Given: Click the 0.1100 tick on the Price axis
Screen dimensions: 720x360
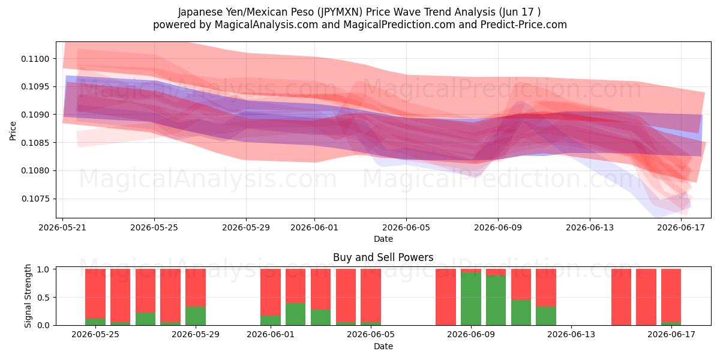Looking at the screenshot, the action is coord(35,59).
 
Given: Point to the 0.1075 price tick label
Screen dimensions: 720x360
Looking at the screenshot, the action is coord(35,199).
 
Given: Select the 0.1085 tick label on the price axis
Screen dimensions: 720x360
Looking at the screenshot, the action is coord(35,143).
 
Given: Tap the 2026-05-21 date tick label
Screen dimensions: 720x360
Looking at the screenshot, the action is coord(62,227).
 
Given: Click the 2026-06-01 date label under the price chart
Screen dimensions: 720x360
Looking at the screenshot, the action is coord(314,227).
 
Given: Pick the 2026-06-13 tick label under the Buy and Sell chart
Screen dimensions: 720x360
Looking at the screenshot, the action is coord(571,335).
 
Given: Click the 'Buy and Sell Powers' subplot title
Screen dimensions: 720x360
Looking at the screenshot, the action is coord(383,257).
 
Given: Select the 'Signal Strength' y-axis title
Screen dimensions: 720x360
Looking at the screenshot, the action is coord(28,296).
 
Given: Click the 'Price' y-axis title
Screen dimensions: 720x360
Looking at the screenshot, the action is coord(13,131).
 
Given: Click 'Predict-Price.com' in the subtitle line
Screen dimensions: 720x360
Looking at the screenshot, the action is coord(524,25).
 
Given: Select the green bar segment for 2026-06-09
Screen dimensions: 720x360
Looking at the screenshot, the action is coord(471,299).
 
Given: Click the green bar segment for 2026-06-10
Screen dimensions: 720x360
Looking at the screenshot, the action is coord(496,300).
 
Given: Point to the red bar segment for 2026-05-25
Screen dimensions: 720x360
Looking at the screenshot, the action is coord(95,294).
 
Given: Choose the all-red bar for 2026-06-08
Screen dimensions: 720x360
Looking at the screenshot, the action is coord(446,297).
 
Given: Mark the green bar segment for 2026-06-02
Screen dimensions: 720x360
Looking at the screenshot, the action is coord(295,314).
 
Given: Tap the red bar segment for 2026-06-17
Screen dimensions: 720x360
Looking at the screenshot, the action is coord(671,296).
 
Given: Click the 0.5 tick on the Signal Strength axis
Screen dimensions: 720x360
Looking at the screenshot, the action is coord(43,298).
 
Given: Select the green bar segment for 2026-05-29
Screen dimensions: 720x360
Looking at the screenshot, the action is coord(196,316).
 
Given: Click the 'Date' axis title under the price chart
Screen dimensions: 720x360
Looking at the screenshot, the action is coord(383,239).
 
